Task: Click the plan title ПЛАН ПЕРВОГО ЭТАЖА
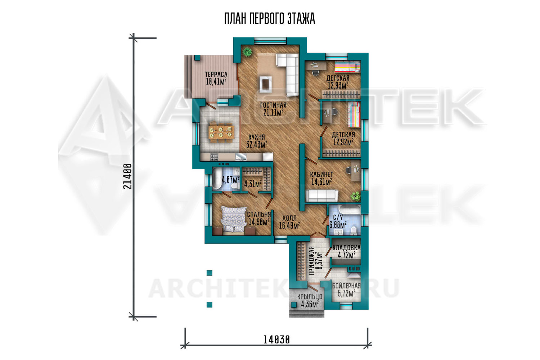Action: point(270,19)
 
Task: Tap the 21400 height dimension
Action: point(127,176)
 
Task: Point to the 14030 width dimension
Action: point(276,340)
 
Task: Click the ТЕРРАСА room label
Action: point(216,74)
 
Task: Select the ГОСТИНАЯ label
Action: point(273,105)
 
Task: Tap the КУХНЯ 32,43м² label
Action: point(256,141)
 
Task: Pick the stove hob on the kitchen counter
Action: point(214,157)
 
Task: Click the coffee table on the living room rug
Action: point(265,84)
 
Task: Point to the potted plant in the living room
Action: point(247,51)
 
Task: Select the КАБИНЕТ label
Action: point(321,174)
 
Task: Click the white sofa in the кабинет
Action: point(321,195)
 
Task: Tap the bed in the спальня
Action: point(234,220)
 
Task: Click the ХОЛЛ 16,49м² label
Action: point(289,222)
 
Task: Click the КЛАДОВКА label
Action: point(346,248)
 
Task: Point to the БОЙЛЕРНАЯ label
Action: point(346,286)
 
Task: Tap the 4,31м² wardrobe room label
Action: point(253,184)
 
